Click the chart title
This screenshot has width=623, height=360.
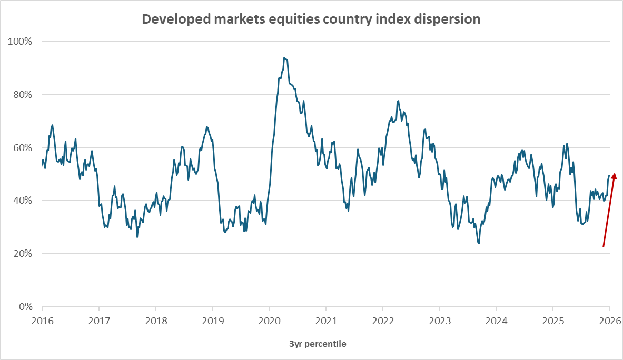click(x=311, y=19)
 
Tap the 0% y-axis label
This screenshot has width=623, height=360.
click(x=24, y=307)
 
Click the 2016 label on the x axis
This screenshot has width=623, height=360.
click(x=42, y=321)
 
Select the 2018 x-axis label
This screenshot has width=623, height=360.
click(x=155, y=321)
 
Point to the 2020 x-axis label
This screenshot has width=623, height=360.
click(x=269, y=321)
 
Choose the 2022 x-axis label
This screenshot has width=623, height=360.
click(x=382, y=321)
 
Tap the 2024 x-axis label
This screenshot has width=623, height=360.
click(x=496, y=321)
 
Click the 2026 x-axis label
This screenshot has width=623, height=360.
click(x=609, y=321)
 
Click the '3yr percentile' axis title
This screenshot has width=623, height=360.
click(x=318, y=344)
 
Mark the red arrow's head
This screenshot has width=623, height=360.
click(x=614, y=175)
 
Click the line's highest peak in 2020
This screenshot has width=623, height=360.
click(x=284, y=58)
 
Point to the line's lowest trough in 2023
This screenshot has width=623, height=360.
click(x=479, y=243)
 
